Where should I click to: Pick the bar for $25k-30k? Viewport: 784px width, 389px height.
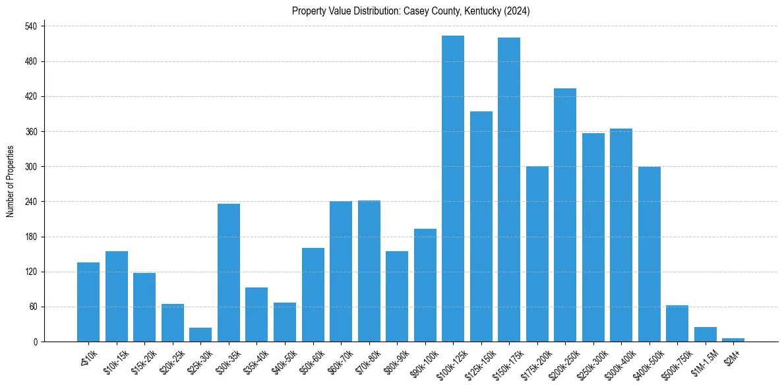200,335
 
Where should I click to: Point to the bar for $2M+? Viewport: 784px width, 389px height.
733,340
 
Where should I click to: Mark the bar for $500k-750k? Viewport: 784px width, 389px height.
677,324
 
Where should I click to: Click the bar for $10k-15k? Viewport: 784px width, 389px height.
117,296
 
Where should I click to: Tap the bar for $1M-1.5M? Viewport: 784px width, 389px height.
706,334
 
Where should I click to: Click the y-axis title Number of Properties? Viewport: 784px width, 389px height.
11,181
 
